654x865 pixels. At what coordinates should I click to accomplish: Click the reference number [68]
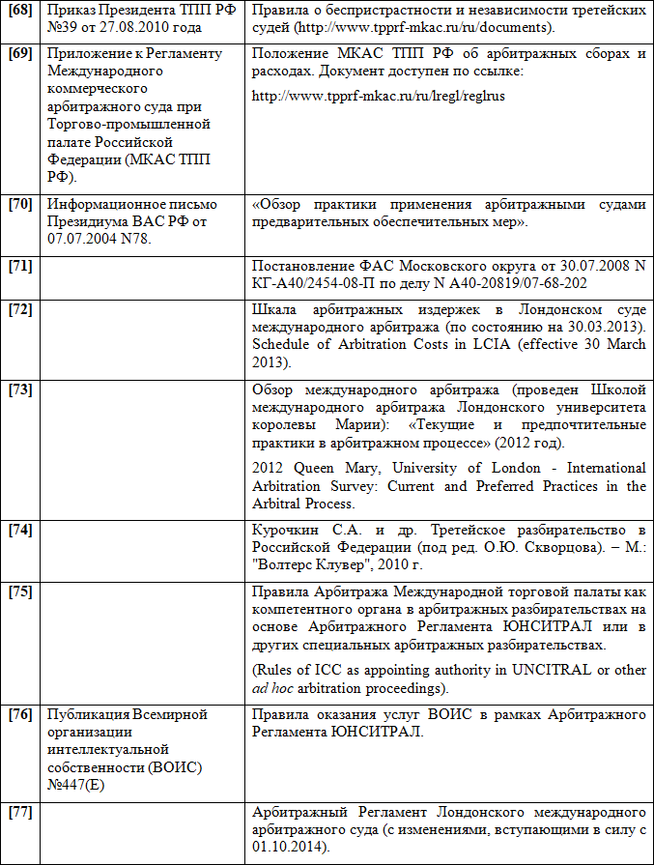[20, 10]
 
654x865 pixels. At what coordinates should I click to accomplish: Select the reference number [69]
[20, 53]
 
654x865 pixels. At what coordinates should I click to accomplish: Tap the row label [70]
[20, 205]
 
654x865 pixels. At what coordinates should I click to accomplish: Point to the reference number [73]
[20, 389]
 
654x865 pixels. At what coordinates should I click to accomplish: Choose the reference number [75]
[20, 591]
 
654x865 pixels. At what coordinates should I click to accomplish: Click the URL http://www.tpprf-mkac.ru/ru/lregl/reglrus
[378, 97]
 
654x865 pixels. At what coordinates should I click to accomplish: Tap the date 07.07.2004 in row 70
[80, 240]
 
